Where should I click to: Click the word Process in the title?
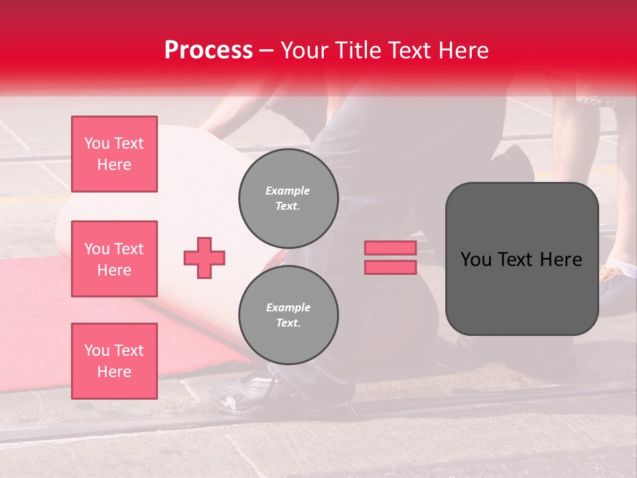[208, 51]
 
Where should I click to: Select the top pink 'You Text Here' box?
[114, 154]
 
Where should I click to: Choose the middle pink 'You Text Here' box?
[114, 259]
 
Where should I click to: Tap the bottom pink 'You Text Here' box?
[114, 361]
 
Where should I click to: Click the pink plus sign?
[204, 258]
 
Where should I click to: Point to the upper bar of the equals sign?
[390, 248]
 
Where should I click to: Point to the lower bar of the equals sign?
[390, 267]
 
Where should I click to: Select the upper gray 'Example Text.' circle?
[288, 198]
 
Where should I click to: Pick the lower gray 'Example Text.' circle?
[288, 315]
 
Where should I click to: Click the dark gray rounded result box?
[522, 259]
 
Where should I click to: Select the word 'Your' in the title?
[305, 50]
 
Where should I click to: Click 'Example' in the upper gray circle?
[288, 191]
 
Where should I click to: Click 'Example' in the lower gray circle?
[288, 307]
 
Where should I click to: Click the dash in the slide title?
[267, 51]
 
